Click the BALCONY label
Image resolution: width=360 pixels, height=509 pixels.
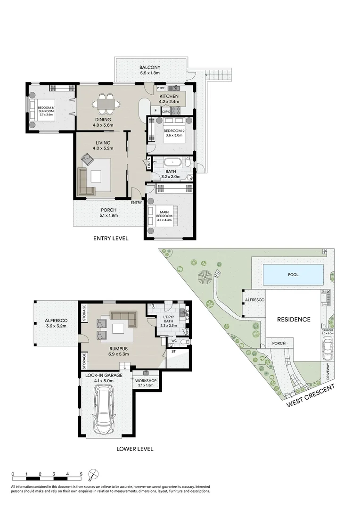click(x=150, y=67)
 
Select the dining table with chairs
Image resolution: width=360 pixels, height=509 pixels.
click(x=106, y=104)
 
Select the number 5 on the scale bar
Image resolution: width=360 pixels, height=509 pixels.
click(x=82, y=474)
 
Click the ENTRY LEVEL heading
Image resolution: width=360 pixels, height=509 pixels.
click(x=111, y=238)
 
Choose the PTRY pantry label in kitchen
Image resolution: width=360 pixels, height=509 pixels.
click(x=161, y=88)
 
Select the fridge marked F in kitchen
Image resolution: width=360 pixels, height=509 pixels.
click(x=155, y=111)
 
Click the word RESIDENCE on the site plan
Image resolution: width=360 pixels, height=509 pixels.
click(x=293, y=319)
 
